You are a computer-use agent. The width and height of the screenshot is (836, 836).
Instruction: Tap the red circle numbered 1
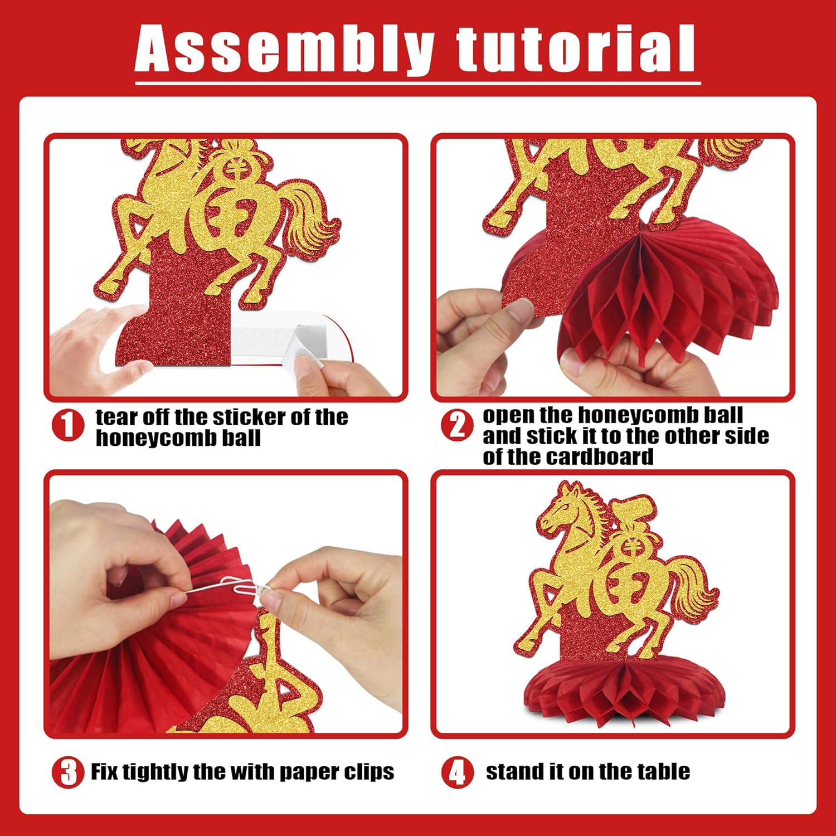(x=67, y=426)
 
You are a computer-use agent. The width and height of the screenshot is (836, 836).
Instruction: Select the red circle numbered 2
(x=457, y=426)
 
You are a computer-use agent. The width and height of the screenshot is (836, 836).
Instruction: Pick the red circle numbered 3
(x=68, y=773)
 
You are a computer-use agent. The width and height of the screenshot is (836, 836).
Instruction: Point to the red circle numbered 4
(x=457, y=773)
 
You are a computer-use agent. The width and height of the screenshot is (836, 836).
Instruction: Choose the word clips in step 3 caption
(x=368, y=772)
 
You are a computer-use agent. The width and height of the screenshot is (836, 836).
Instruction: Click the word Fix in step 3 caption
(x=104, y=772)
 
